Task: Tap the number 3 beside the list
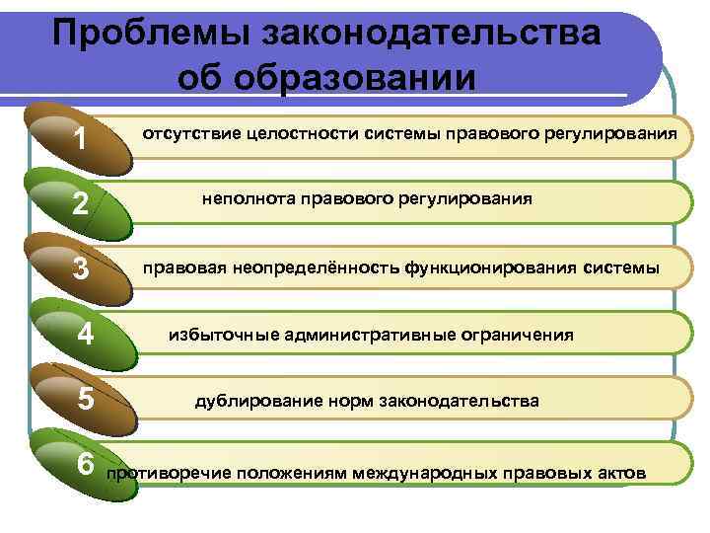coord(82,268)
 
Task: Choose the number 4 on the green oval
coord(86,335)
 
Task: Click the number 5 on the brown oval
coord(86,400)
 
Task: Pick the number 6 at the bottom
coord(86,464)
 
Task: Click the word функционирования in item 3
coord(490,267)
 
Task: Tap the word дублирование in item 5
coord(254,401)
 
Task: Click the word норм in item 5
coord(342,401)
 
